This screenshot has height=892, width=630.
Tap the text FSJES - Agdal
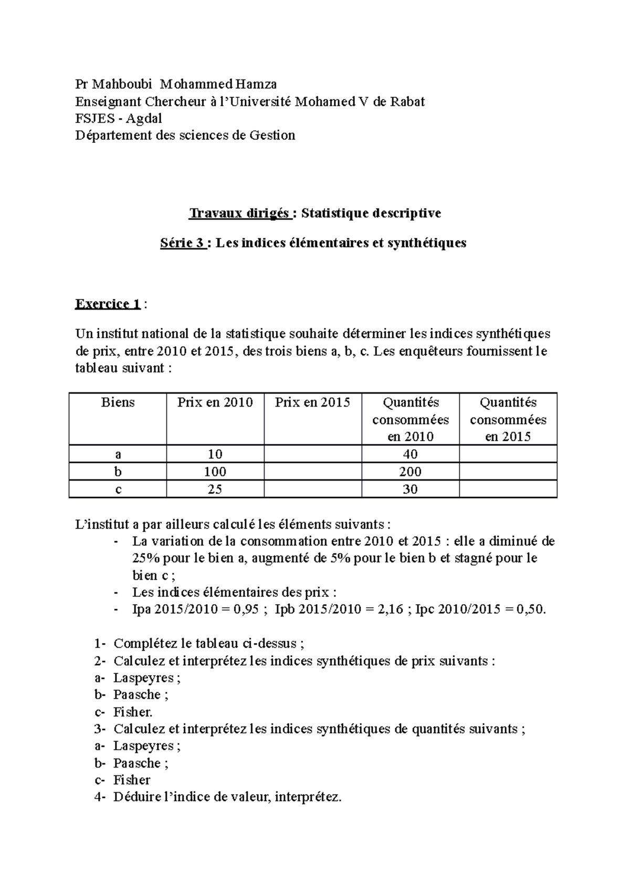tap(118, 118)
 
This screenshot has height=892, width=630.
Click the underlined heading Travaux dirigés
tap(239, 213)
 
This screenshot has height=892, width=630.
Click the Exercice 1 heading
tap(108, 304)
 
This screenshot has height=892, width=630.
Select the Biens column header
tap(118, 402)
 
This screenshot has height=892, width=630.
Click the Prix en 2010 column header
tap(215, 402)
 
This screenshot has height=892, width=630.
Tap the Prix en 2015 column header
tap(312, 402)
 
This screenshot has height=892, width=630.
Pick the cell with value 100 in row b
tap(215, 472)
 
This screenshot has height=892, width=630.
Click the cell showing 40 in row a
tap(410, 454)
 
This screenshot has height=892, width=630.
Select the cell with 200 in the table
tap(410, 472)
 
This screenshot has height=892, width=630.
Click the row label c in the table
tap(118, 489)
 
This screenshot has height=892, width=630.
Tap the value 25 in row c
tap(215, 489)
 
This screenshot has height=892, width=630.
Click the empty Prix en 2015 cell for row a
tap(312, 454)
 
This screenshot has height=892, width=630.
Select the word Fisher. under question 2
tap(133, 712)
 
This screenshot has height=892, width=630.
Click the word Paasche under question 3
tap(137, 763)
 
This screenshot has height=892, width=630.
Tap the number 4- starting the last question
tap(101, 797)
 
